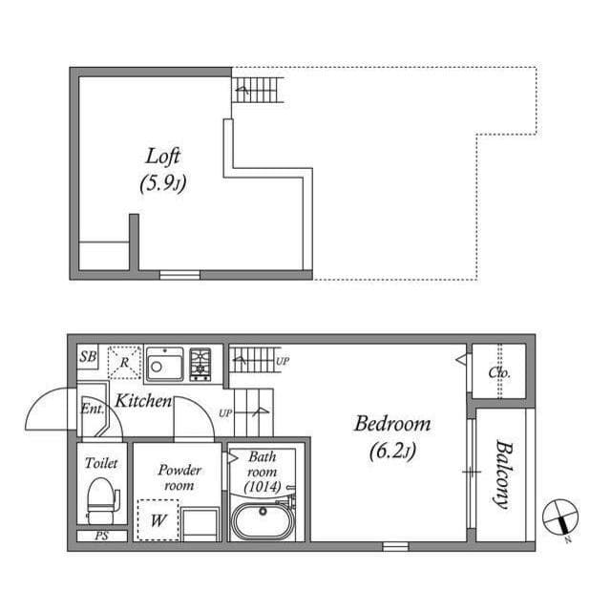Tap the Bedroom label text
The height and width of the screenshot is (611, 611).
point(392,424)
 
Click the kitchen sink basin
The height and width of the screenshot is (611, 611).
point(164,365)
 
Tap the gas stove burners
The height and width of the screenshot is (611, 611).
point(200,364)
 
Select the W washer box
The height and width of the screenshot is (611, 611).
point(157,520)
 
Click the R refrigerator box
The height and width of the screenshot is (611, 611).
point(124,363)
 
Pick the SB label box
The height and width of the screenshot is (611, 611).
point(88,357)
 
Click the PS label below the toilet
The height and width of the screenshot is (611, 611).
point(101,537)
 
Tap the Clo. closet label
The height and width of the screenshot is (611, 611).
point(499,373)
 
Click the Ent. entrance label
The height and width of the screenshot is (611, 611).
point(92,409)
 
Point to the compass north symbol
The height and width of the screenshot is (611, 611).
point(559,518)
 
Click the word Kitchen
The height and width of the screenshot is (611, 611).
point(143,402)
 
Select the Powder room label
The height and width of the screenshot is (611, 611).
point(179,477)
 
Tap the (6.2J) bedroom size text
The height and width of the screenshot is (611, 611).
point(392,451)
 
